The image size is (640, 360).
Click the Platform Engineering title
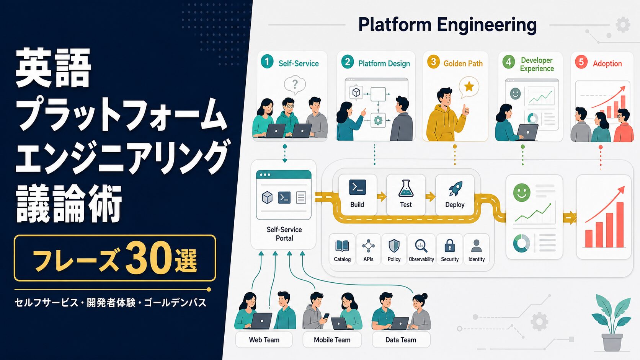[x=447, y=25]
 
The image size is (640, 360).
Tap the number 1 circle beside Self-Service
[x=267, y=62]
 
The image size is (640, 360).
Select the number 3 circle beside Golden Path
[x=433, y=62]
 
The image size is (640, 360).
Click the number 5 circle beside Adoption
[x=581, y=62]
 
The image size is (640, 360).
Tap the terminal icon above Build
[x=358, y=187]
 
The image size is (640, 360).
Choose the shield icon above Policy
[x=394, y=246]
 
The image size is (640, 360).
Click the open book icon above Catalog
[x=342, y=246]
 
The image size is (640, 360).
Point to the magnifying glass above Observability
[x=421, y=246]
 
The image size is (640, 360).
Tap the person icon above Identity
[x=476, y=246]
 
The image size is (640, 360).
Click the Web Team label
[x=264, y=340]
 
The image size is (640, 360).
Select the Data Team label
[x=400, y=340]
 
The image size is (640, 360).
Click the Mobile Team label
[x=332, y=340]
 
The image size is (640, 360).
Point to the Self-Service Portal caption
[x=284, y=234]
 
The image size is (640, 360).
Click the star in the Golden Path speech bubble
[x=469, y=86]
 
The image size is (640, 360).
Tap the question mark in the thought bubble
[x=295, y=84]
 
